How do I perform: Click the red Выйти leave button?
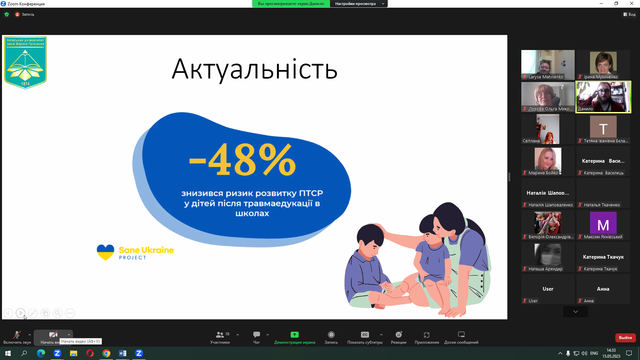(x=625, y=338)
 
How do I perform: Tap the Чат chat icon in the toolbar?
(x=256, y=335)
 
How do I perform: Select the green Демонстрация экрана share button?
(x=294, y=335)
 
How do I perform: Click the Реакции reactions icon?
(x=399, y=335)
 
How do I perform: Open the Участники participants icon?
(x=220, y=335)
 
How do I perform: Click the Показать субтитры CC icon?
(x=365, y=335)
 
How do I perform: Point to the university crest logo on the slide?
(x=25, y=63)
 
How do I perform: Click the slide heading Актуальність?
(x=254, y=69)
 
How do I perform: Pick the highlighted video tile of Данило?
(x=603, y=97)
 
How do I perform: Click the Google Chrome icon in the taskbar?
(x=106, y=353)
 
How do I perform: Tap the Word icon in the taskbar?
(x=123, y=353)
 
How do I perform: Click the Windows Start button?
(x=8, y=353)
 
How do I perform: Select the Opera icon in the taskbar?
(x=90, y=353)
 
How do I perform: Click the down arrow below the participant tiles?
(x=575, y=312)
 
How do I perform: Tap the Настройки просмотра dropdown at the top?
(x=358, y=4)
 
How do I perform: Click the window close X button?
(x=631, y=4)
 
